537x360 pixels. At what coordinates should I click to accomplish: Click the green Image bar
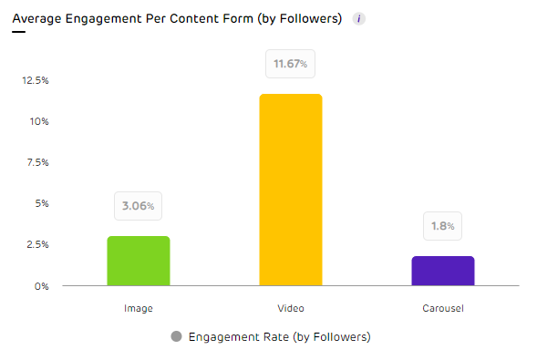coord(139,261)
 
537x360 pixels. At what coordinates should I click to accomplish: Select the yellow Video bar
coord(291,190)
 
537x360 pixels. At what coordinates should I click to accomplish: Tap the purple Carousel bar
coord(443,271)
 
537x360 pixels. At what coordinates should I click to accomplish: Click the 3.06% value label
coord(139,206)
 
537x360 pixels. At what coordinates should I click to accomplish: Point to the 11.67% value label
coord(291,64)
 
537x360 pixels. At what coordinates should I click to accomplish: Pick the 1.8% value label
coord(443,226)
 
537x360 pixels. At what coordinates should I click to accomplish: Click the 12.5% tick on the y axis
coord(36,80)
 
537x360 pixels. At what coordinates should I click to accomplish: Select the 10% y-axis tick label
coord(39,121)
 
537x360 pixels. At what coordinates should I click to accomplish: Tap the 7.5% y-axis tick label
coord(37,162)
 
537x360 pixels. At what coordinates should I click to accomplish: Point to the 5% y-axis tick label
coord(41,203)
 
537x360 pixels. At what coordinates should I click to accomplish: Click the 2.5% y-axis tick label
coord(37,244)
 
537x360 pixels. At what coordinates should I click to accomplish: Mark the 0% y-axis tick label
coord(42,285)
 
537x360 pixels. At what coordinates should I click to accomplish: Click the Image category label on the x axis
coord(139,308)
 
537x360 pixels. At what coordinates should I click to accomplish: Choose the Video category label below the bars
coord(291,308)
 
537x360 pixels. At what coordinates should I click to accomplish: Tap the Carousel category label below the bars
coord(444,308)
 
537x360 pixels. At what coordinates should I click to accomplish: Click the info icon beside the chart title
coord(358,19)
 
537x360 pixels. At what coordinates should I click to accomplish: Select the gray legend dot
coord(176,337)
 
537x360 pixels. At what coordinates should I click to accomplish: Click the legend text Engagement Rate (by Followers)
coord(279,337)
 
